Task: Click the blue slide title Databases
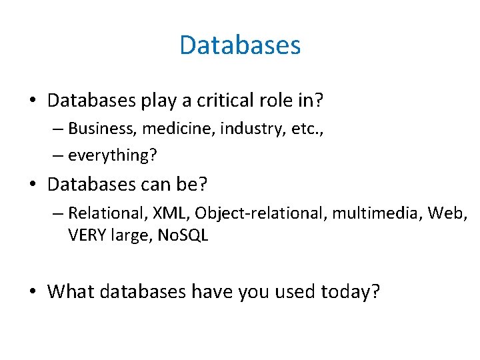coord(240,45)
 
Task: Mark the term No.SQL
coord(183,236)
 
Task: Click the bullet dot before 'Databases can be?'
coord(33,183)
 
